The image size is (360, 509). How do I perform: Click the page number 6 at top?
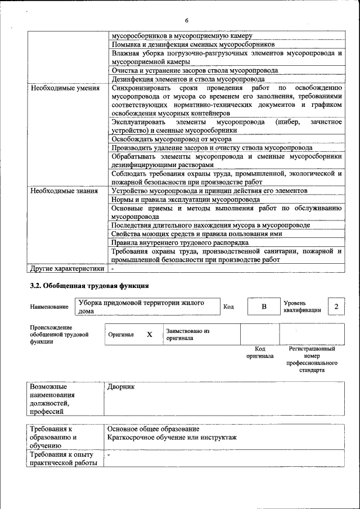[x=186, y=20]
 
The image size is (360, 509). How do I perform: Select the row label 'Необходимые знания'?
[x=64, y=191]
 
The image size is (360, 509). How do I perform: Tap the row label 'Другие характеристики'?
[x=67, y=268]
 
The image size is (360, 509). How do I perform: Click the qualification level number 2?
[x=336, y=306]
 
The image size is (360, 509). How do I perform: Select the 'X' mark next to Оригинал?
[x=149, y=334]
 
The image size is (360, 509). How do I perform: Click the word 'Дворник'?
[x=121, y=388]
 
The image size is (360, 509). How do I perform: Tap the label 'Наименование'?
[x=49, y=307]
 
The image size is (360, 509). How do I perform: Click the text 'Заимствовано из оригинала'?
[x=187, y=335]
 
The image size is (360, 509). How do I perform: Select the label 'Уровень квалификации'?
[x=302, y=307]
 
